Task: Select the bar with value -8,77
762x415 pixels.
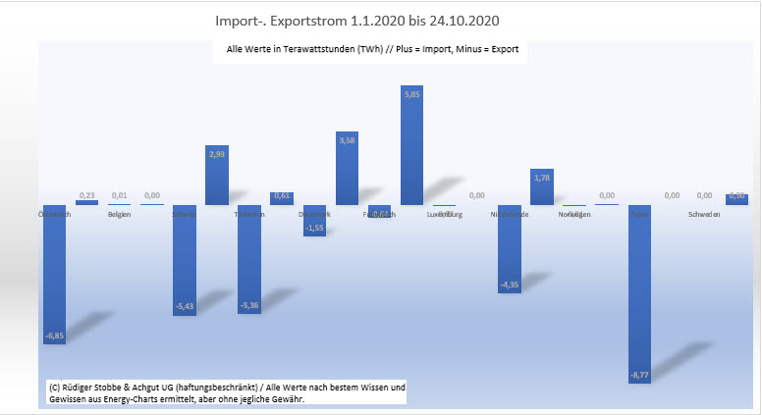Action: (640, 294)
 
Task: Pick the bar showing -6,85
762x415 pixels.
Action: (54, 275)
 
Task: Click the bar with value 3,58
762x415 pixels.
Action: (348, 168)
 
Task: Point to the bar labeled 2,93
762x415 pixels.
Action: (217, 176)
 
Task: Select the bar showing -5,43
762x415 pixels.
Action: (185, 260)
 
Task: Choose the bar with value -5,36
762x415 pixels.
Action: (249, 259)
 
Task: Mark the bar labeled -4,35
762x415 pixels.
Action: (510, 249)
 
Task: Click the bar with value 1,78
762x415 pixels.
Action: (542, 186)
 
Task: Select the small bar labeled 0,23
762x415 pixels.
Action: (86, 202)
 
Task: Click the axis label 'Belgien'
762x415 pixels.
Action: (120, 214)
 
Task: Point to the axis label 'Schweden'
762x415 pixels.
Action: (704, 214)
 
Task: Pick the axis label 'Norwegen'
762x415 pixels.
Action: (574, 214)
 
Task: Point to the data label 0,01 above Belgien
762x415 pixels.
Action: (119, 195)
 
